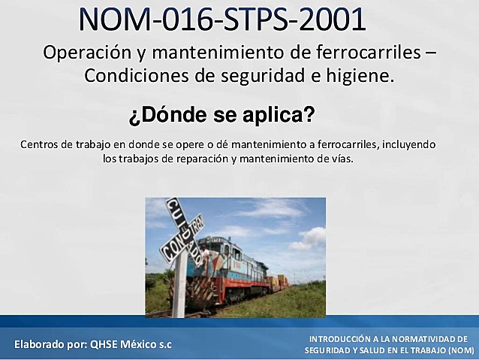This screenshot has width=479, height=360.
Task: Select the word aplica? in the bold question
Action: tap(282, 116)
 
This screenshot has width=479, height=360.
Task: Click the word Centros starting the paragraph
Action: tap(41, 144)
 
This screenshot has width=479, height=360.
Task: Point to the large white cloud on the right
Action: tap(309, 239)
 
